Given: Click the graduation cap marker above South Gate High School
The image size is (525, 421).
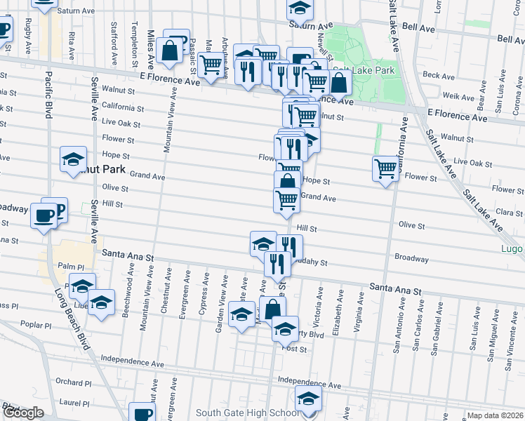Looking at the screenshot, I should pos(307,399).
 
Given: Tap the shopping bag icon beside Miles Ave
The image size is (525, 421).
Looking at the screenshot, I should pos(170,51).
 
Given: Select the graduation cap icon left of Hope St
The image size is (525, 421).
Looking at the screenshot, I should pos(73,159).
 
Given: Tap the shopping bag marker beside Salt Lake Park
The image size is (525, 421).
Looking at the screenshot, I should pos(339,83).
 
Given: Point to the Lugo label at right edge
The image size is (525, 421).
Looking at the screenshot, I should pos(513,248).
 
